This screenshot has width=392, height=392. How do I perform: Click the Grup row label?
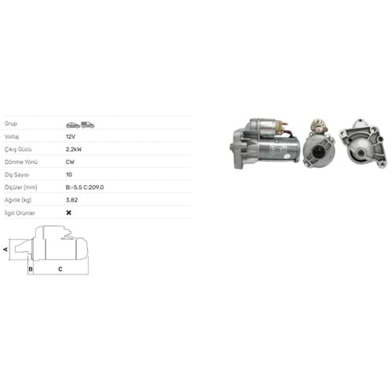pyautogui.click(x=11, y=123)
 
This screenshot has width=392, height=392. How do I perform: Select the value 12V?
pyautogui.click(x=71, y=136)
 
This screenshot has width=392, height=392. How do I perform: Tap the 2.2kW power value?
pyautogui.click(x=74, y=149)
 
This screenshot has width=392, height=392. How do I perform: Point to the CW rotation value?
pyautogui.click(x=70, y=162)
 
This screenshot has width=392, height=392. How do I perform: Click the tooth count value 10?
pyautogui.click(x=69, y=175)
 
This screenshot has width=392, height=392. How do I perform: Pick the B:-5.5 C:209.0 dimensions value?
pyautogui.click(x=85, y=187)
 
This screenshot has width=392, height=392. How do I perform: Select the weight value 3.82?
pyautogui.click(x=72, y=200)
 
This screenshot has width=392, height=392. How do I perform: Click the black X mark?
pyautogui.click(x=69, y=212)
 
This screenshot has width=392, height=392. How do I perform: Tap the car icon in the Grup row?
pyautogui.click(x=73, y=125)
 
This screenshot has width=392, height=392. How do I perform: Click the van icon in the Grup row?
pyautogui.click(x=88, y=125)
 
